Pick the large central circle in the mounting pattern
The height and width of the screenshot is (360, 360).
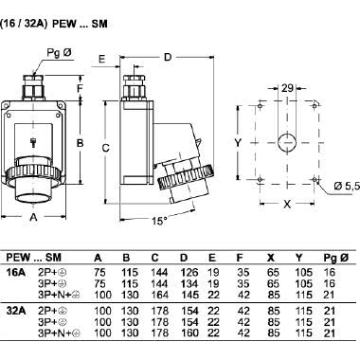click(286, 144)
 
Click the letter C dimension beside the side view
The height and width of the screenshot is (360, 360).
click(107, 147)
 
